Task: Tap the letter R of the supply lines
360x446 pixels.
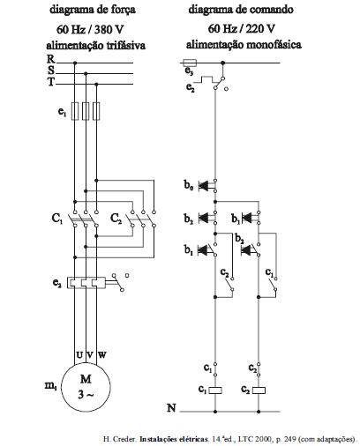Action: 51,59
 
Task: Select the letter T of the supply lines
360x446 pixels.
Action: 51,82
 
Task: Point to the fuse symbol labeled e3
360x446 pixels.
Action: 190,63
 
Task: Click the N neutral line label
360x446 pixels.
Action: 171,408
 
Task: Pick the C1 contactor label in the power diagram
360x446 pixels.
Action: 57,219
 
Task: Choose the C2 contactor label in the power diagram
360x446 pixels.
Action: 116,219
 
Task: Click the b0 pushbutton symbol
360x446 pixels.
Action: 207,186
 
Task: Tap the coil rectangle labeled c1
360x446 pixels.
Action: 215,390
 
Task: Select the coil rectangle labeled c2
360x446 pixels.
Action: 259,390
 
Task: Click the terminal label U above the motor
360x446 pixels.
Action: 79,355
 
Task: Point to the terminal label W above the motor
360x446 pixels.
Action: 101,355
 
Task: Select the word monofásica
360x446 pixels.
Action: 274,45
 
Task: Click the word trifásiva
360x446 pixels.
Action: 126,46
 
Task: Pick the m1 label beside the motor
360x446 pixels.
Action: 50,386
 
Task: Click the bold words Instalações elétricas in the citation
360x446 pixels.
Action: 174,439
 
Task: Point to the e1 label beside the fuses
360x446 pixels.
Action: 62,112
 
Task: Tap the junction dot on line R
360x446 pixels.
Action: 75,63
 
